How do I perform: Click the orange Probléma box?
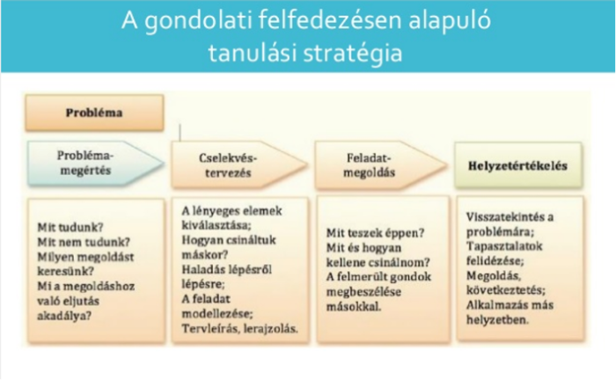(x=94, y=113)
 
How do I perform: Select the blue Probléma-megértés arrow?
(x=95, y=163)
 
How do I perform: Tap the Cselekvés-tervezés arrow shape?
(x=239, y=164)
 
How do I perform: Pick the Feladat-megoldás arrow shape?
(x=381, y=164)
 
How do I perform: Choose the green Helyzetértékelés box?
(x=518, y=165)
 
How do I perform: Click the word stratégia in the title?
(x=353, y=53)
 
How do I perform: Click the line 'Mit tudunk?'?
(x=70, y=227)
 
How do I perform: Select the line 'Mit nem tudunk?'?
(x=84, y=242)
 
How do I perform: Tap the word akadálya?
(x=64, y=316)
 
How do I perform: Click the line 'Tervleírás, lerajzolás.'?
(x=239, y=329)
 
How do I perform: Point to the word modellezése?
(x=217, y=314)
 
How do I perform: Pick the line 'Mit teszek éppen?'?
(x=376, y=233)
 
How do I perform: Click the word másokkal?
(x=354, y=307)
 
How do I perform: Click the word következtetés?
(x=506, y=290)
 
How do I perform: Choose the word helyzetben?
(x=497, y=320)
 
